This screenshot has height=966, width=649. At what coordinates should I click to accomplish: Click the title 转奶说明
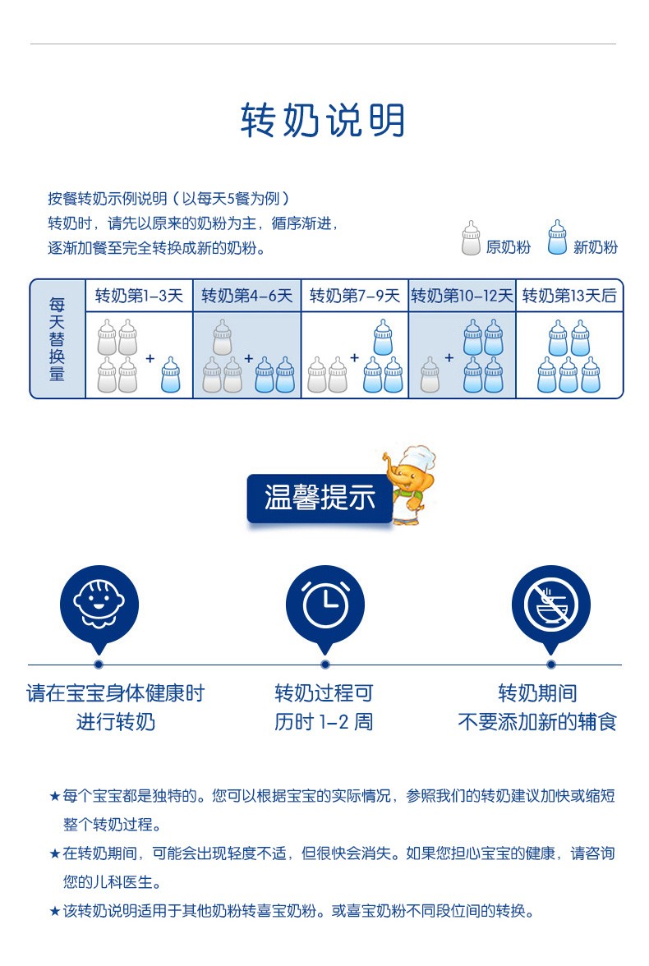tap(323, 121)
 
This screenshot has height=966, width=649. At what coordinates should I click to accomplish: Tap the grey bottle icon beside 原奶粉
tap(471, 238)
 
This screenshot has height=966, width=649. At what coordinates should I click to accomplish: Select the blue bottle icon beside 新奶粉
tap(558, 238)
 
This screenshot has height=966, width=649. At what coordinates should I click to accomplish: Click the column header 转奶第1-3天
tap(139, 296)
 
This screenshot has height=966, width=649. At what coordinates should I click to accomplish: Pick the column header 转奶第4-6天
tap(247, 296)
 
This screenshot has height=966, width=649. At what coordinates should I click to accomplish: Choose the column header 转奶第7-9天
tap(354, 296)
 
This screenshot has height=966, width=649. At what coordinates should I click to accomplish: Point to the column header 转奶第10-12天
tap(462, 296)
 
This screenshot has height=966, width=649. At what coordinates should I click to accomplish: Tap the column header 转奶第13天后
tap(569, 296)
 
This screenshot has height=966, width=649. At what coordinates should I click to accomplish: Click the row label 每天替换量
tap(58, 338)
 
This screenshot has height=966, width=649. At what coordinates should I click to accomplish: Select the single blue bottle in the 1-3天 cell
tap(171, 375)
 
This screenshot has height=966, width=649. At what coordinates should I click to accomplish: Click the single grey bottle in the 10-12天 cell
tap(430, 375)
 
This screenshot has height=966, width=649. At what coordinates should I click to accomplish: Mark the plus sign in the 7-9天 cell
tap(355, 357)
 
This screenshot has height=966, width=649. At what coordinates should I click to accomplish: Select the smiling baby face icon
tap(99, 605)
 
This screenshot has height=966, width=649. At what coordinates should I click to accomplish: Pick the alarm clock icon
tap(325, 605)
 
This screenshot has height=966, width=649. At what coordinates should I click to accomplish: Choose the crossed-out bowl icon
tap(550, 605)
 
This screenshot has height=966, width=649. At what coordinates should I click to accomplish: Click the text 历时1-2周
tap(324, 722)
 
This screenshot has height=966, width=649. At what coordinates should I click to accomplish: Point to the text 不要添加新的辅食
tap(536, 722)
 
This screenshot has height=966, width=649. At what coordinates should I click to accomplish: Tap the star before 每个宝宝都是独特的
tap(54, 797)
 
